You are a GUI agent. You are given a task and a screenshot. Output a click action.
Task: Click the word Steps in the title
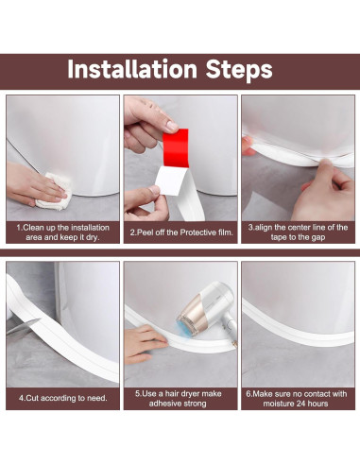coord(239,69)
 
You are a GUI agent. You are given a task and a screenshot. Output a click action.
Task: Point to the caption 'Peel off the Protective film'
coord(180,232)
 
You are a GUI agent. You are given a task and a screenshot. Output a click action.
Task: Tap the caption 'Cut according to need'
coord(62,398)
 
